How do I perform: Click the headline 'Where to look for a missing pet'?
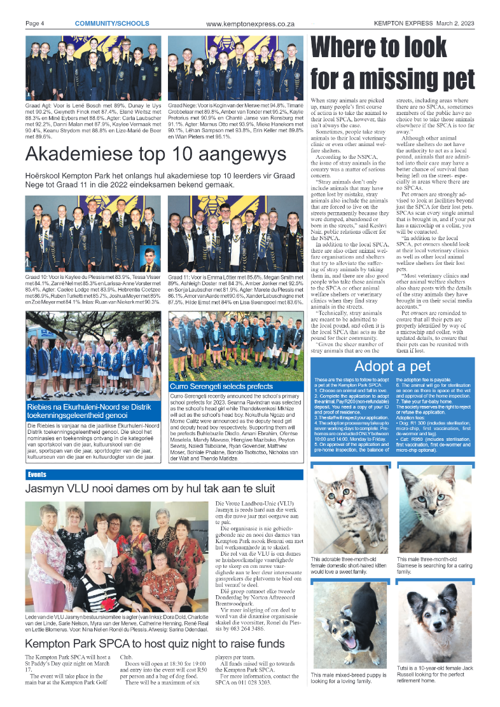pyautogui.click(x=392, y=64)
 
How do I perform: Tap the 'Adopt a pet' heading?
pyautogui.click(x=392, y=366)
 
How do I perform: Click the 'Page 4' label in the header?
pyautogui.click(x=34, y=24)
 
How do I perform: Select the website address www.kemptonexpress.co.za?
pyautogui.click(x=250, y=24)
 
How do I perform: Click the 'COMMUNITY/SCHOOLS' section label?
pyautogui.click(x=112, y=24)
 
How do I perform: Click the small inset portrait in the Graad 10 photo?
pyautogui.click(x=150, y=258)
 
